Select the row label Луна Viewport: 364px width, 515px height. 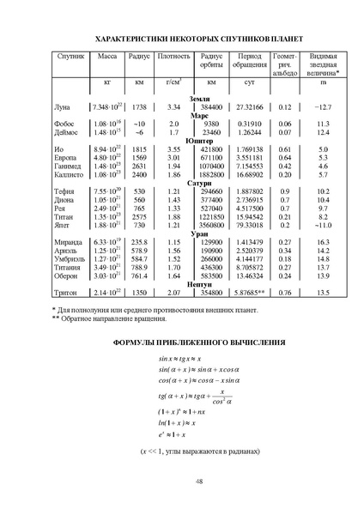click(61, 106)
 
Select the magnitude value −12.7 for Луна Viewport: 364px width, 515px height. click(323, 106)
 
